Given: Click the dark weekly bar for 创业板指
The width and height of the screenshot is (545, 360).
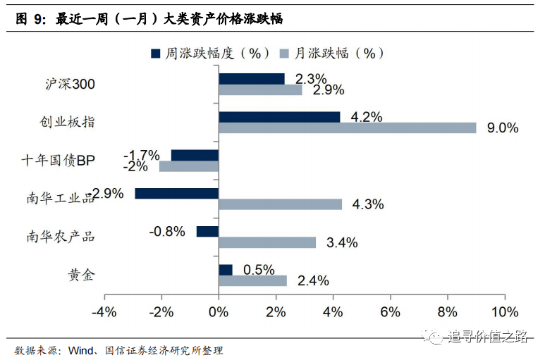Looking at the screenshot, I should (x=279, y=117).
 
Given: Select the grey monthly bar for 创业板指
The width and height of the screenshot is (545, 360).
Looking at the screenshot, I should (x=348, y=128).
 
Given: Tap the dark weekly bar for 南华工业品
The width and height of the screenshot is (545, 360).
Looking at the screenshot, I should (x=177, y=193).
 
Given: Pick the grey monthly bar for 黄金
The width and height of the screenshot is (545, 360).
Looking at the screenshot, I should (x=252, y=280).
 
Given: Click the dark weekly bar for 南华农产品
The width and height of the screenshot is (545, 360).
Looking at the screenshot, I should (x=207, y=231).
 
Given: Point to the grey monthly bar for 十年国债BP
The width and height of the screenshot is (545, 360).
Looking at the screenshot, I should (x=189, y=166).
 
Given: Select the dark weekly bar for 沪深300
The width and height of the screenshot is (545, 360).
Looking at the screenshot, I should (x=252, y=79).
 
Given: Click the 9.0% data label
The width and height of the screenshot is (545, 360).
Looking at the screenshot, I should (x=503, y=128).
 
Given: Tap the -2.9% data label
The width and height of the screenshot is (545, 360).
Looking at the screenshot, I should (x=107, y=193).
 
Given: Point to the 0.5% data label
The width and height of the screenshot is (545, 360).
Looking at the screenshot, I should (x=259, y=270).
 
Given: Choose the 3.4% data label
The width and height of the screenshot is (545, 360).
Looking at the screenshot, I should (x=342, y=243).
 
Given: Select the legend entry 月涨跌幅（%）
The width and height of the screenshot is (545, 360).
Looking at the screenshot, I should (x=331, y=54).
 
